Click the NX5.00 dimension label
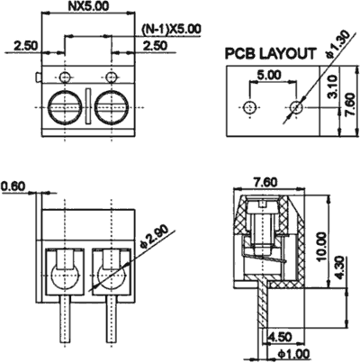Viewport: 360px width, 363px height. (89, 6)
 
